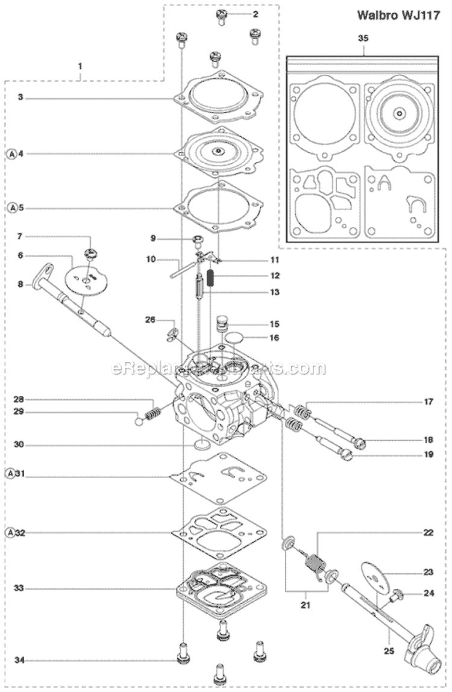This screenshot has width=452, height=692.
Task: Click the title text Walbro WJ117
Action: pyautogui.click(x=398, y=15)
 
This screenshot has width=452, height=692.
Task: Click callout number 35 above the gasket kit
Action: pyautogui.click(x=363, y=39)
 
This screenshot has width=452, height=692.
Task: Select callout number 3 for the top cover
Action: pyautogui.click(x=20, y=97)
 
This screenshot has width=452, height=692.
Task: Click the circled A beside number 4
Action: pyautogui.click(x=12, y=154)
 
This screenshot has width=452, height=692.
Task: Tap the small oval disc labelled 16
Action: pyautogui.click(x=234, y=338)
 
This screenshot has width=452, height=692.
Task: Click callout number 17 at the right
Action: pyautogui.click(x=428, y=402)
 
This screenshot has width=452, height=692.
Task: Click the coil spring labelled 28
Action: pyautogui.click(x=152, y=414)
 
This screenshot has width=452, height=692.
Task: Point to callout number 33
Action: pyautogui.click(x=19, y=588)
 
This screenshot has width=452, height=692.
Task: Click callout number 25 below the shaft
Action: pyautogui.click(x=389, y=651)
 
